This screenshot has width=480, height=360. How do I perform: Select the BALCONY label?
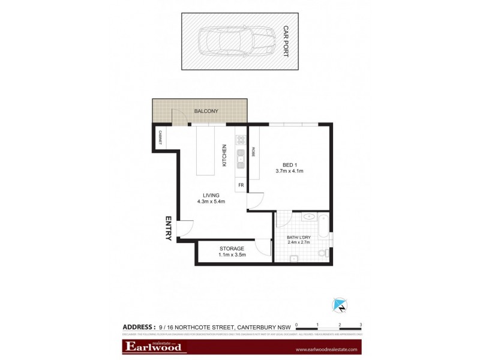205,112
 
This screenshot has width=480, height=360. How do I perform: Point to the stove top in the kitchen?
240,140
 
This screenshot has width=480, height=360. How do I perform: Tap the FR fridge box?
241,185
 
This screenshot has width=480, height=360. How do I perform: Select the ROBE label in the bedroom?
254,152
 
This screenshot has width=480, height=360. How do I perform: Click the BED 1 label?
290,165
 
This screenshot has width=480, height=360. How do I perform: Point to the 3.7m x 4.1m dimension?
290,172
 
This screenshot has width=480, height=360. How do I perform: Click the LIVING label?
211,195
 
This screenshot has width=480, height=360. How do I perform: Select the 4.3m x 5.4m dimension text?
211,202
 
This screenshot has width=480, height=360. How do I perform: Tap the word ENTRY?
169,228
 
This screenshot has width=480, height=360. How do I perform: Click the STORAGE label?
231,248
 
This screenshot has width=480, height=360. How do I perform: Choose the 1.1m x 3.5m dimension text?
231,255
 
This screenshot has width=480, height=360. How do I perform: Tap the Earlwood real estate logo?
155,347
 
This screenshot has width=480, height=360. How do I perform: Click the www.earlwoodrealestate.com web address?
326,349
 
